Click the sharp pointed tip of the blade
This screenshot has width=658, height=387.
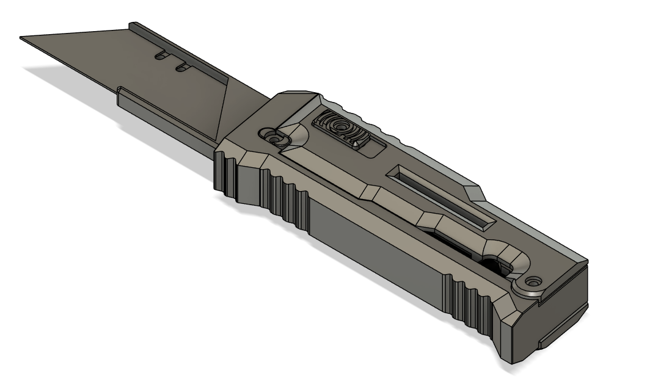pos(22,39)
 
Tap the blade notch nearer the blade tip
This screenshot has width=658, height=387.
pos(161,55)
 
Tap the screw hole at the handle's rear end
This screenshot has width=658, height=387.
pos(535,283)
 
